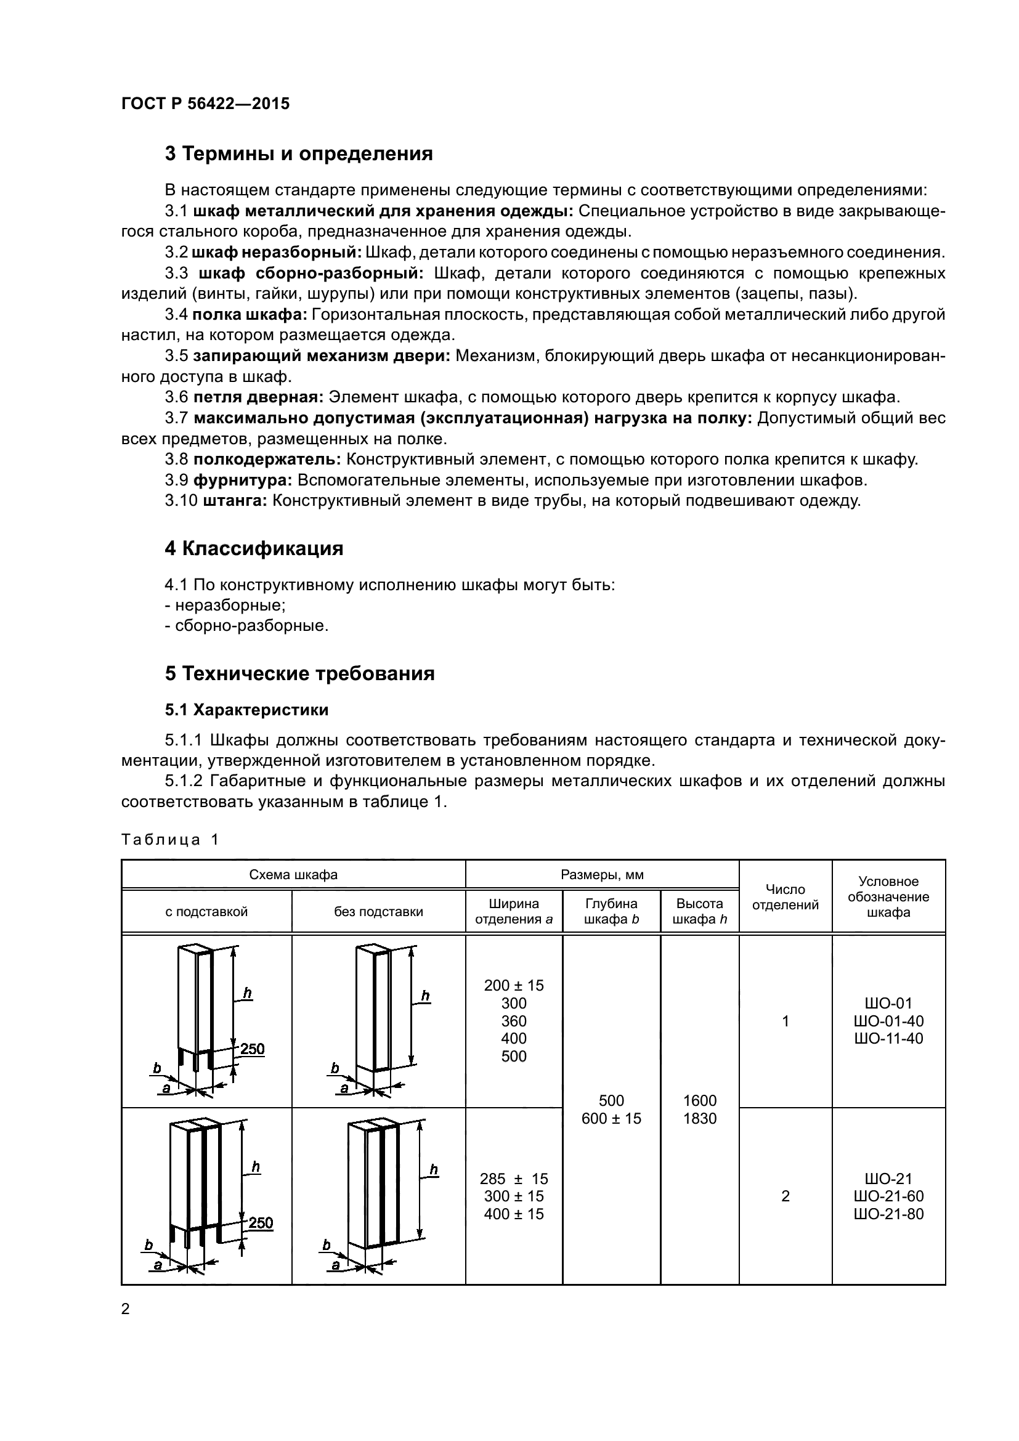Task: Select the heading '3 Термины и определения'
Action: tap(299, 154)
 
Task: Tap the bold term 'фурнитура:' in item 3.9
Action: tap(242, 481)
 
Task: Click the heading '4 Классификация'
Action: tap(254, 548)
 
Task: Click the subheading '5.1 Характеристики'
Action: tap(246, 710)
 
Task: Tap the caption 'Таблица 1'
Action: tap(169, 840)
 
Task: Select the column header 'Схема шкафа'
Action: tap(293, 875)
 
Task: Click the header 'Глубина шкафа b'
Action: tap(611, 911)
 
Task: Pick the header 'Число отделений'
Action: tap(785, 897)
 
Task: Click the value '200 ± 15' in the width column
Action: tap(514, 985)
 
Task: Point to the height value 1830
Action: tap(700, 1118)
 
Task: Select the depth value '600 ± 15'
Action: tap(611, 1118)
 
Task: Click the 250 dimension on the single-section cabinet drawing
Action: tap(252, 1049)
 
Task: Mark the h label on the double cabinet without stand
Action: tap(434, 1170)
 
